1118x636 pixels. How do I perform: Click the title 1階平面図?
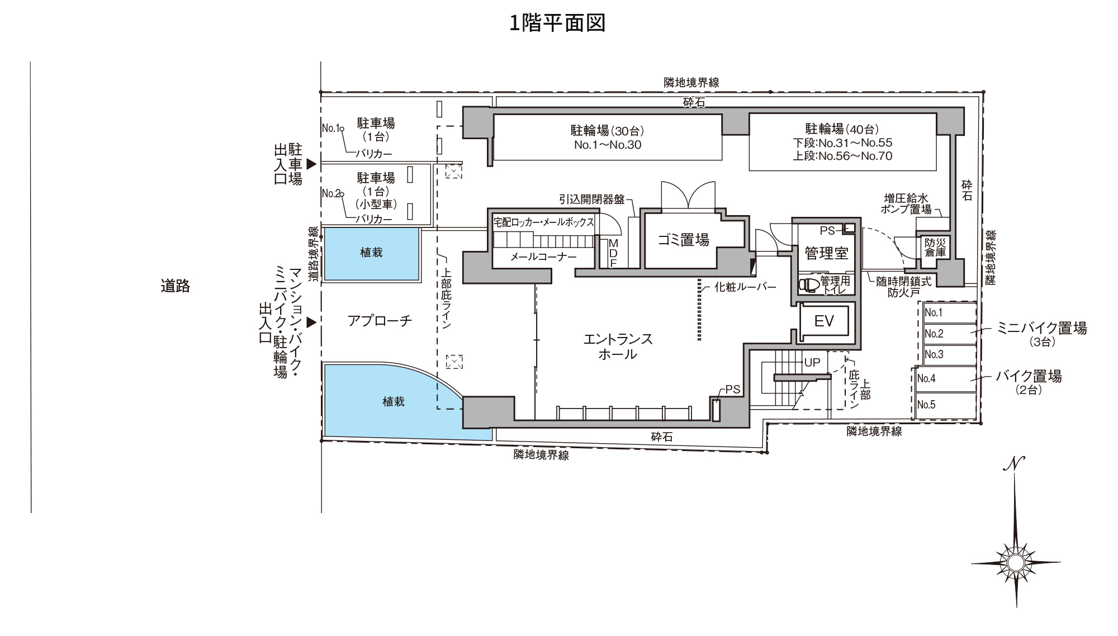(558, 23)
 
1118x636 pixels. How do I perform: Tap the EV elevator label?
(824, 321)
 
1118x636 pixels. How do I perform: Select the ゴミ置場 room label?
(683, 240)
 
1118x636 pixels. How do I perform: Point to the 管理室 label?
(826, 253)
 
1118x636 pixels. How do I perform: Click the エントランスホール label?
(618, 347)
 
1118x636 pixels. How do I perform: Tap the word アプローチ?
(380, 321)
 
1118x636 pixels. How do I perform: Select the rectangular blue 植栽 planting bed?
(372, 254)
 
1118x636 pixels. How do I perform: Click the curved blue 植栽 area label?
(394, 401)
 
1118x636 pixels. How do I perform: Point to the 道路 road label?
(176, 286)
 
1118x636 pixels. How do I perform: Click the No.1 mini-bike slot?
(949, 313)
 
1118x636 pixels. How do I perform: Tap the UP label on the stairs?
(812, 362)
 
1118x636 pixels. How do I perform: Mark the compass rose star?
(1016, 562)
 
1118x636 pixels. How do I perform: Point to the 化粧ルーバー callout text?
(746, 288)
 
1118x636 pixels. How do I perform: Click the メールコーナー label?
(543, 258)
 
